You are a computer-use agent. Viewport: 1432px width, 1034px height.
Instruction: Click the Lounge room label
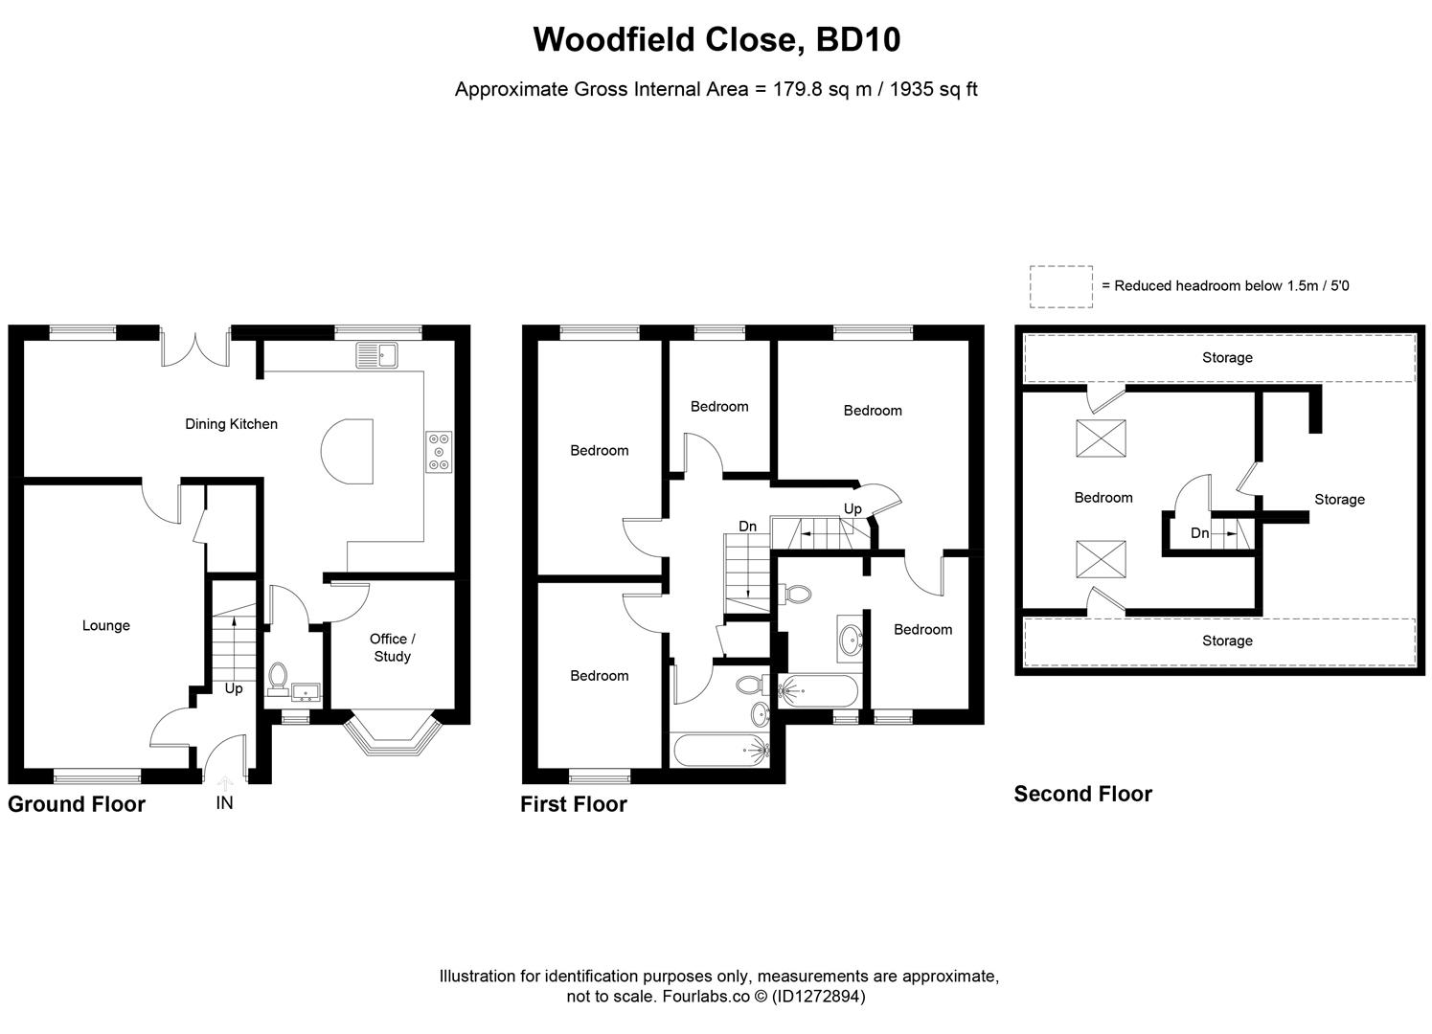[x=105, y=625]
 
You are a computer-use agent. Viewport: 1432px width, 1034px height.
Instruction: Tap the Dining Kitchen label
[x=231, y=424]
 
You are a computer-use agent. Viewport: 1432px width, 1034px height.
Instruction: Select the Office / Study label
[x=392, y=647]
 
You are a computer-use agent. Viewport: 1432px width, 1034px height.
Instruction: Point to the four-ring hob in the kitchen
[x=440, y=452]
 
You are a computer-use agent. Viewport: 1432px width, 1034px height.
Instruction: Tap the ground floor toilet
[x=279, y=677]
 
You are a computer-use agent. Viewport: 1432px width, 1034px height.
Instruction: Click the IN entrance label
[x=224, y=803]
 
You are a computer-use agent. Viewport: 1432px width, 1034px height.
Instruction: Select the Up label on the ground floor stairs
[x=234, y=688]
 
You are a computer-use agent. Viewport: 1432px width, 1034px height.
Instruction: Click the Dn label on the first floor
[x=748, y=527]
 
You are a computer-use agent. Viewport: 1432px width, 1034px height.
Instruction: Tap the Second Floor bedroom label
[x=1102, y=498]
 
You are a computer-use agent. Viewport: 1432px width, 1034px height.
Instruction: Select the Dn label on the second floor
[x=1199, y=533]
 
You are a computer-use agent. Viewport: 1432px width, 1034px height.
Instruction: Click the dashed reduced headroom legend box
[x=1060, y=286]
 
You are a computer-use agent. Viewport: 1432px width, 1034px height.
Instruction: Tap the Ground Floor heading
[x=77, y=804]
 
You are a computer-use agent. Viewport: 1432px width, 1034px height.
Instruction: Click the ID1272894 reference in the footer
[x=820, y=997]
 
